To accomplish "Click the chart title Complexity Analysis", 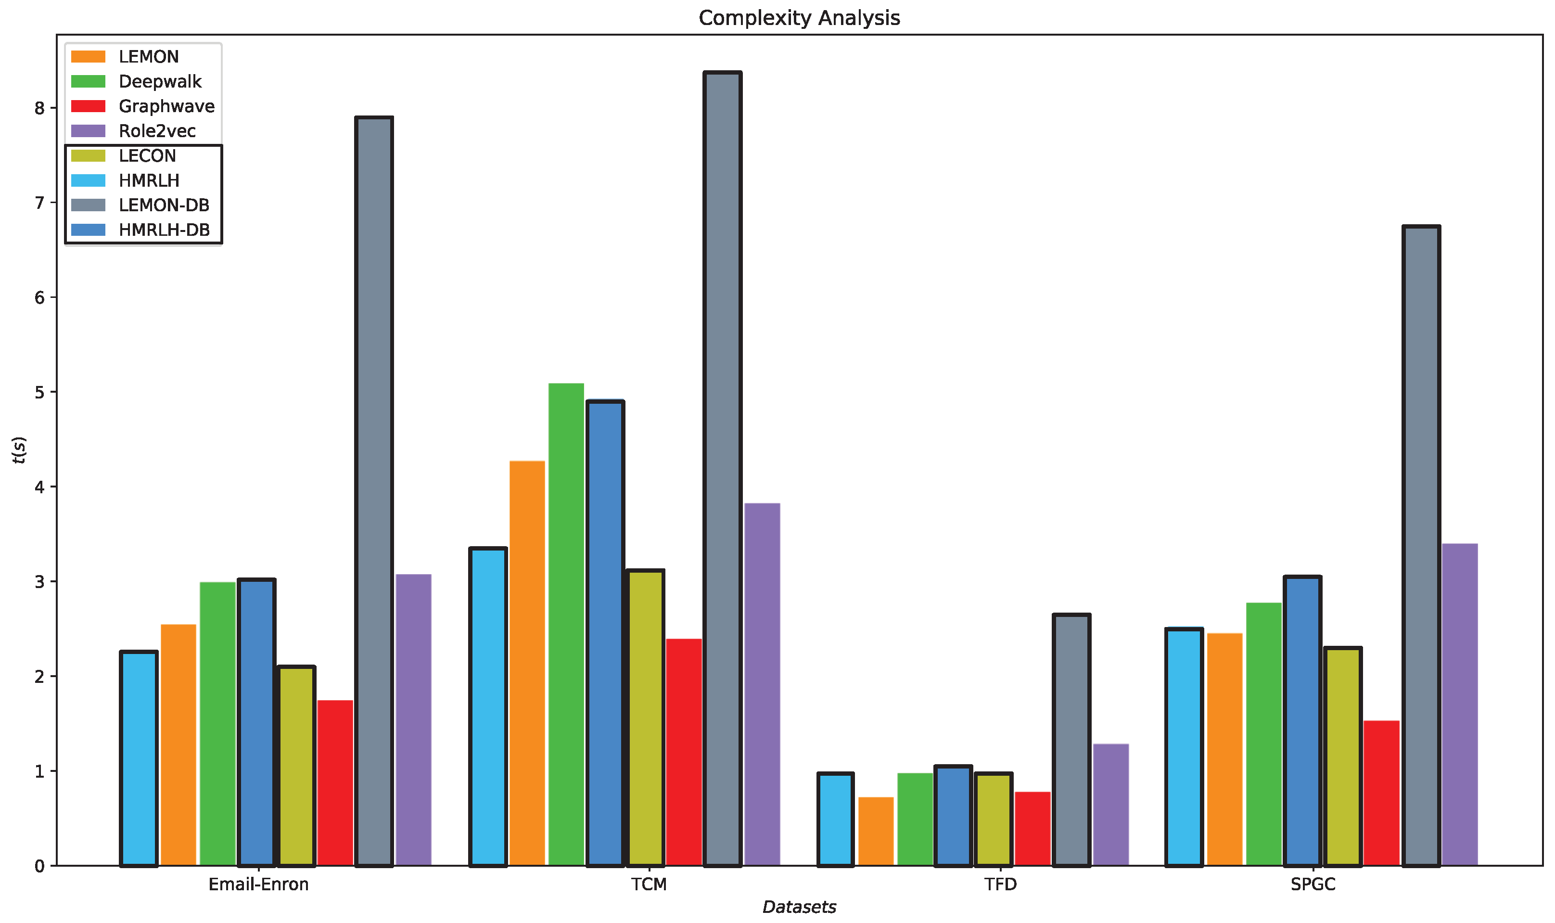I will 799,17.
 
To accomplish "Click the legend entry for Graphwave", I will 166,106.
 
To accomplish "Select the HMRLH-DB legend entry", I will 164,230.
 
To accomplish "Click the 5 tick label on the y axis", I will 40,393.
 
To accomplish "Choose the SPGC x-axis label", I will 1313,885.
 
